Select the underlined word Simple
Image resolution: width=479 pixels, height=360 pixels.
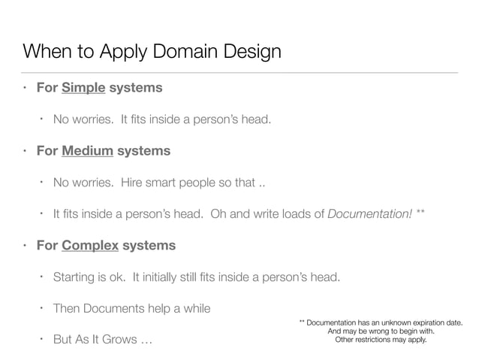coord(84,88)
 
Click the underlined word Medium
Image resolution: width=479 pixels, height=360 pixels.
coord(88,151)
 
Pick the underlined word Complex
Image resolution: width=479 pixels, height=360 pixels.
coord(91,245)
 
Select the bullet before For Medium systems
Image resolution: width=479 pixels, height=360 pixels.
coord(26,151)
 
